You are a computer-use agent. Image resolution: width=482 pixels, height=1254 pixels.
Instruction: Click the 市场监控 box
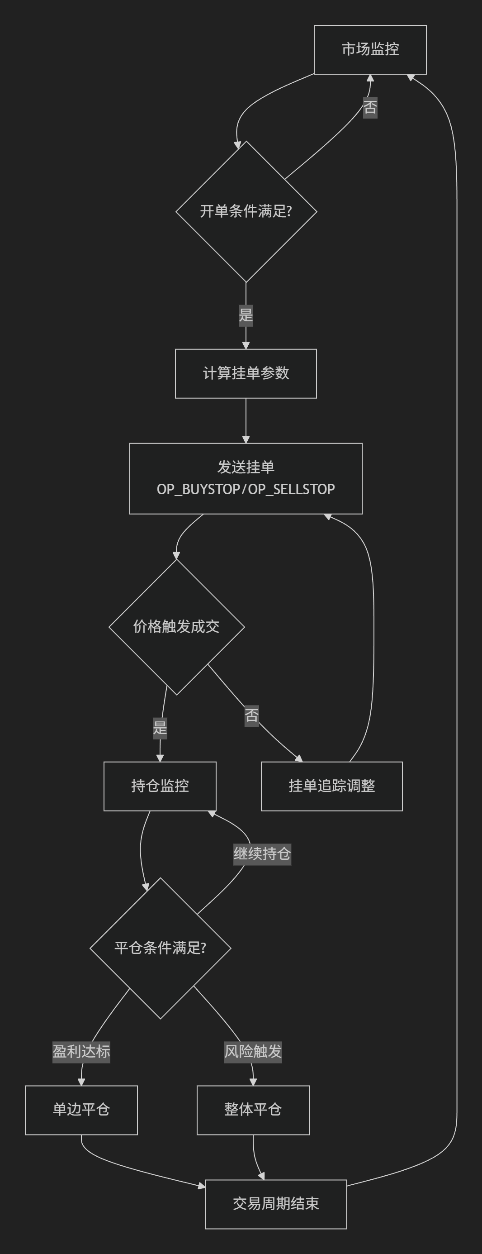(x=370, y=50)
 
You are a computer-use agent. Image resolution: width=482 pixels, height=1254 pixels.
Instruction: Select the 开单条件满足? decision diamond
(x=246, y=211)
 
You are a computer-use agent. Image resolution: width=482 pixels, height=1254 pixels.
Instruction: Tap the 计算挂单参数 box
(x=246, y=373)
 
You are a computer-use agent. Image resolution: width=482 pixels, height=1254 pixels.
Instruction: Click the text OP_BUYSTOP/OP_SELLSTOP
(x=246, y=489)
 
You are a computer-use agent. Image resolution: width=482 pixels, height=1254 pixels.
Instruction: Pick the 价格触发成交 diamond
(x=176, y=626)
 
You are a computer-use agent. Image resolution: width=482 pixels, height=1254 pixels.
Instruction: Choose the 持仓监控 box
(x=160, y=786)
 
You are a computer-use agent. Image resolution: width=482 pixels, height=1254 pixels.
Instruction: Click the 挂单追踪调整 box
(x=331, y=786)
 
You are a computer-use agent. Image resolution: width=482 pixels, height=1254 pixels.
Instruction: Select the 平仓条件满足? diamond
(x=160, y=948)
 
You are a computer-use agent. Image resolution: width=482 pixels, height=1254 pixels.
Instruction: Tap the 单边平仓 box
(x=81, y=1110)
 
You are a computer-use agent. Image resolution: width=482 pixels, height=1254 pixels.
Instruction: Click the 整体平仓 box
(x=253, y=1110)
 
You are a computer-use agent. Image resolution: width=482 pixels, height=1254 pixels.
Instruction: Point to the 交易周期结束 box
(x=276, y=1204)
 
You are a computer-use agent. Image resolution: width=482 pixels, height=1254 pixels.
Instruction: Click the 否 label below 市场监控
(x=370, y=107)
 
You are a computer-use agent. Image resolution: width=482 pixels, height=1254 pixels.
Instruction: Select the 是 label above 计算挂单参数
(x=246, y=315)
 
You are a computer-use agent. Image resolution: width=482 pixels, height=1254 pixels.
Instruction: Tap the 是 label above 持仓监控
(x=160, y=728)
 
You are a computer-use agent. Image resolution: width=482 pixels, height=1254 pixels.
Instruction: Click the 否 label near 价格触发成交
(x=251, y=715)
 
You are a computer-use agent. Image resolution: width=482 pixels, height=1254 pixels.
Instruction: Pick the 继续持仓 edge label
(x=262, y=853)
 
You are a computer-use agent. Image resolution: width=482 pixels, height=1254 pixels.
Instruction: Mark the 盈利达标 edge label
(x=81, y=1051)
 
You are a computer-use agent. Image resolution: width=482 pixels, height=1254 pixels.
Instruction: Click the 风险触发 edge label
(x=253, y=1051)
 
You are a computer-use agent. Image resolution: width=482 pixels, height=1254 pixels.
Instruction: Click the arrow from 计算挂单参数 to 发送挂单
(x=246, y=420)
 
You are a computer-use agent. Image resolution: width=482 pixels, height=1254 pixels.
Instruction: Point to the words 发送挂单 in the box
(x=246, y=467)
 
